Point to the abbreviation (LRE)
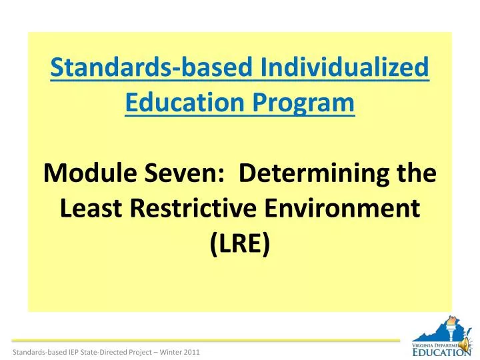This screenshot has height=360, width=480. click(240, 244)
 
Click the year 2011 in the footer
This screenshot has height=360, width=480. click(192, 351)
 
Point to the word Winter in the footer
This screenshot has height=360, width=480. click(171, 351)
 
